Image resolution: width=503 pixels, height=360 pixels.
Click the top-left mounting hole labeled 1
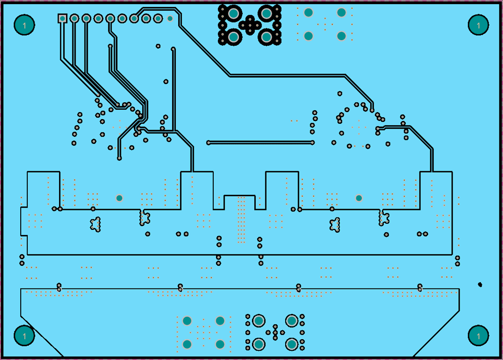(x=24, y=25)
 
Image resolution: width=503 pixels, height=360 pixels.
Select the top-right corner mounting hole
(x=478, y=25)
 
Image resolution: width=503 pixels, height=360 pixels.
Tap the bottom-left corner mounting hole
(x=24, y=336)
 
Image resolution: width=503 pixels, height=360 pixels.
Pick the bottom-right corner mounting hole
(x=478, y=336)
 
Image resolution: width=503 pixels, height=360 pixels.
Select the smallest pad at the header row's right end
(x=170, y=18)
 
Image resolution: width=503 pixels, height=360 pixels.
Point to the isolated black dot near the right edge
(x=480, y=284)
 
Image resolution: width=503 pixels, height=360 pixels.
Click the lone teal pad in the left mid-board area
(x=120, y=198)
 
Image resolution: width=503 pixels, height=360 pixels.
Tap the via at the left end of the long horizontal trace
(x=209, y=143)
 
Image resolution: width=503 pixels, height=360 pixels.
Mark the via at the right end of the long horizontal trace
(x=312, y=143)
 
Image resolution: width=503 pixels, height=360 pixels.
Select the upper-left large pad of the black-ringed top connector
(x=234, y=13)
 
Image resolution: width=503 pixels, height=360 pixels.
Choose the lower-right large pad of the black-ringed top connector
(x=266, y=36)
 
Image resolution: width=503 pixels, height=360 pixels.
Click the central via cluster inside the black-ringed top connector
(x=250, y=24)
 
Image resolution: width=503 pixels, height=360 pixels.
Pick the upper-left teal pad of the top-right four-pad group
(x=308, y=12)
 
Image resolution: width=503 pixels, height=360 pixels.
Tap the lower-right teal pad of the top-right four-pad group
(x=341, y=36)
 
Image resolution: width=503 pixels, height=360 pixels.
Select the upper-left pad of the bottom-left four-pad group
(x=187, y=320)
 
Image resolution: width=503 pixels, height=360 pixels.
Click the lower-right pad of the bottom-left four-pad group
(x=220, y=344)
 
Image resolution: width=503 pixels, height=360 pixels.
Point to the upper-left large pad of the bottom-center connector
(x=258, y=320)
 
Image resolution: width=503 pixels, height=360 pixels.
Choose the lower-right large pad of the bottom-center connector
(x=292, y=344)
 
